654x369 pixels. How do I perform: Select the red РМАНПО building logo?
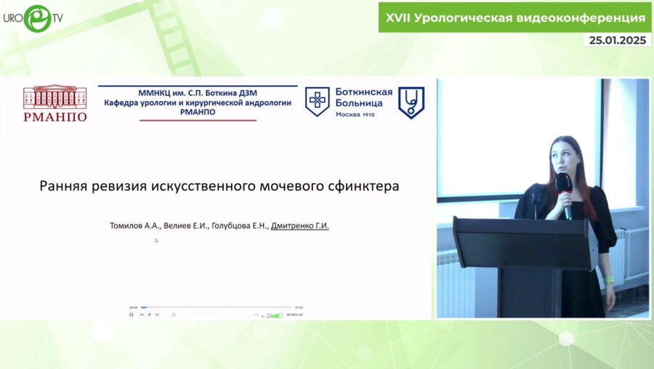54,103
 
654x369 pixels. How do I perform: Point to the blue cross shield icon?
316,102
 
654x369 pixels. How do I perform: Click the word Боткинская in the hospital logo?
363,92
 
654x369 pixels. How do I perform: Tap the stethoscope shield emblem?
411,102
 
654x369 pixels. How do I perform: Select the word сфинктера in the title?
364,185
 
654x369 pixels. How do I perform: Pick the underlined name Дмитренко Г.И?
300,226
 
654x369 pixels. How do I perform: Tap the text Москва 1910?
355,114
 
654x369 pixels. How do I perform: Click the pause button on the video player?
132,315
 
